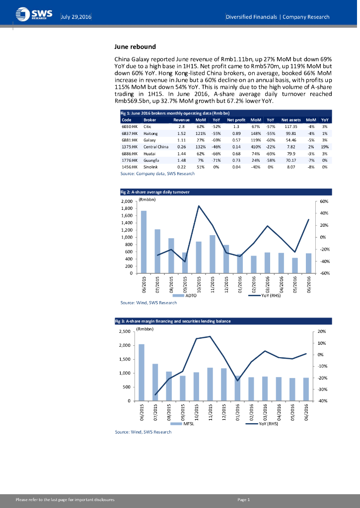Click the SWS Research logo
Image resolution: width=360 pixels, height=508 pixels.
(x=31, y=14)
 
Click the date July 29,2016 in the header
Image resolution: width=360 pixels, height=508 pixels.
(x=76, y=17)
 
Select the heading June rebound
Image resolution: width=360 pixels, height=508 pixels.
(x=135, y=47)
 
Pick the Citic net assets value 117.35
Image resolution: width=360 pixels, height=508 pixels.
(x=288, y=127)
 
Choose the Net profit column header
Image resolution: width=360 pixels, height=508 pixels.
(x=236, y=120)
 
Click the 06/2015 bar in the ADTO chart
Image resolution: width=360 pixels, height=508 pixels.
(x=144, y=242)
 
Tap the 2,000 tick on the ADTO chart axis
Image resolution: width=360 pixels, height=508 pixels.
(x=127, y=201)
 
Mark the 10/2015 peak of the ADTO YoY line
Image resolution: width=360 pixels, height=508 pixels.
(x=199, y=206)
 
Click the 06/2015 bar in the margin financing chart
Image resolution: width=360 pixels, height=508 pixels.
(x=142, y=372)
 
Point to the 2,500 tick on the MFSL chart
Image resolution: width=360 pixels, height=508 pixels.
(x=124, y=331)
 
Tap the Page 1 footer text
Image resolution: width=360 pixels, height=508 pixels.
(x=244, y=500)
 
